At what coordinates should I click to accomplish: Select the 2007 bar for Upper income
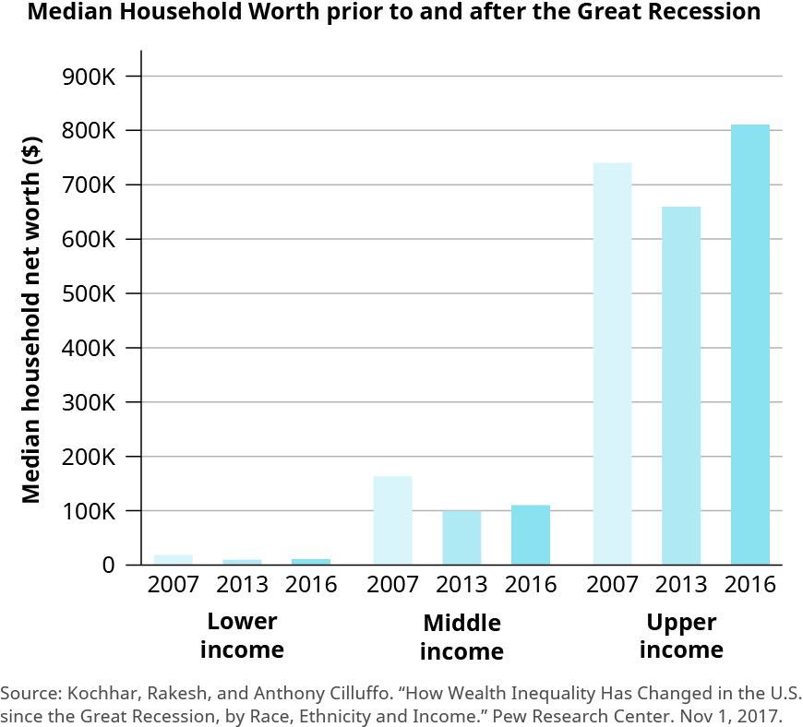(612, 363)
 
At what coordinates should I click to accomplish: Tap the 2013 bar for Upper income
(681, 386)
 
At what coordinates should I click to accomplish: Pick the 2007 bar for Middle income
(392, 520)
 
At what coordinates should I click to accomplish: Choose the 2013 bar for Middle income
(461, 538)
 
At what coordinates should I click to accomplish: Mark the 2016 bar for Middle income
(531, 535)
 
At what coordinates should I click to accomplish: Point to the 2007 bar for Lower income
(173, 559)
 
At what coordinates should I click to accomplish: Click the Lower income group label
(242, 635)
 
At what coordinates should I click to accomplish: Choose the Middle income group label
(461, 637)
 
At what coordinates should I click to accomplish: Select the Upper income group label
(681, 635)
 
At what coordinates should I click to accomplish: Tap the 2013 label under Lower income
(242, 585)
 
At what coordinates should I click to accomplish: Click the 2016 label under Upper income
(749, 585)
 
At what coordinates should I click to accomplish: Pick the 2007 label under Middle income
(392, 585)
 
